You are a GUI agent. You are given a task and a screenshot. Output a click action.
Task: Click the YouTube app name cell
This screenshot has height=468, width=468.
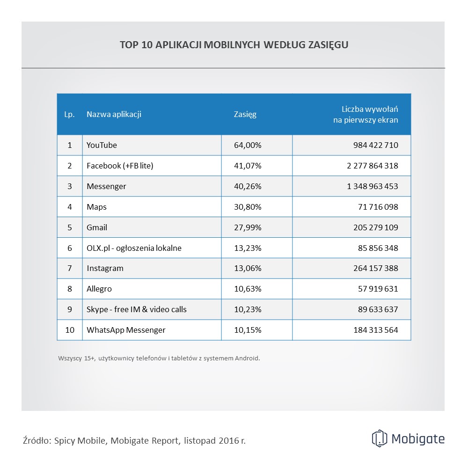(102, 145)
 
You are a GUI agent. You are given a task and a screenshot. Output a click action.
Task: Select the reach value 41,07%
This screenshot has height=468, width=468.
(248, 166)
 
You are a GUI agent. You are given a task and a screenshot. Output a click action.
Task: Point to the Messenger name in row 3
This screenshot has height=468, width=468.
(106, 186)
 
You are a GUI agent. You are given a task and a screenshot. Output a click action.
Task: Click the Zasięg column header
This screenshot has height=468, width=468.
(245, 115)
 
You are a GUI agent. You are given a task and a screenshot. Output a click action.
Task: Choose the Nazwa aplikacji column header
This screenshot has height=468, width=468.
(114, 115)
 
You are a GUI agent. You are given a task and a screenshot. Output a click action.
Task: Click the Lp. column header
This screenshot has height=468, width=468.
(69, 115)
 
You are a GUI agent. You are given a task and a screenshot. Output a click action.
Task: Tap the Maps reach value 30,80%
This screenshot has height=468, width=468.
(248, 207)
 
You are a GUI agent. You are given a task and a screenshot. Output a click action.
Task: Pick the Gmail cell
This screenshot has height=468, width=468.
(97, 227)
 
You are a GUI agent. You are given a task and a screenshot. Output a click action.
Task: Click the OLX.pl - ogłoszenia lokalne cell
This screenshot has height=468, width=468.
(134, 248)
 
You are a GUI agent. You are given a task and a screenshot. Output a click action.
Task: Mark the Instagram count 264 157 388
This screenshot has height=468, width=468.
(376, 269)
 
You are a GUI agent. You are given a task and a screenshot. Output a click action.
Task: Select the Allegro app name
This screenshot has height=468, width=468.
(99, 289)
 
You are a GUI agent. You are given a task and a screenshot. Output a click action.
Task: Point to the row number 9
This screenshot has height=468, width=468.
(70, 310)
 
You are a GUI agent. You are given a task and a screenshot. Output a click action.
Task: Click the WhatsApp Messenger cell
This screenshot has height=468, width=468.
(126, 330)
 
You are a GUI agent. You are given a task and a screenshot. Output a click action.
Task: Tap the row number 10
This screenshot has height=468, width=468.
(70, 330)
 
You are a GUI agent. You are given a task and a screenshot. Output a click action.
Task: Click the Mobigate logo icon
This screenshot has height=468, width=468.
(380, 439)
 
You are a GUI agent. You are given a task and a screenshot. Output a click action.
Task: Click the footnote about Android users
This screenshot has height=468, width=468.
(159, 358)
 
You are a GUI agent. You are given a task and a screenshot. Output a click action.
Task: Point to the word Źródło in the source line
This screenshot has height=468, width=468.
(37, 440)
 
